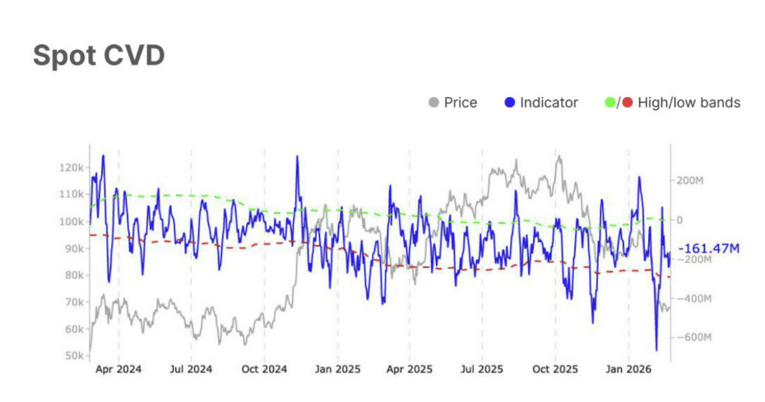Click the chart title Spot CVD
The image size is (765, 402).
pos(99,55)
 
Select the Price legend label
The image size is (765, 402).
pos(460,103)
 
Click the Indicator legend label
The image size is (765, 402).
pos(549,103)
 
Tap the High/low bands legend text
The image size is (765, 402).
pos(688,103)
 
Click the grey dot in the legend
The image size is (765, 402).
pos(433,103)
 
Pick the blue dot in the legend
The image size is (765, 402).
pos(510,103)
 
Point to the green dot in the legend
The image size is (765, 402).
pos(610,103)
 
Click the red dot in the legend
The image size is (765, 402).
pos(628,103)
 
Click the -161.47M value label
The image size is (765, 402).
pos(709,247)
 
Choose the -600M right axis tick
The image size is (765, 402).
pos(693,338)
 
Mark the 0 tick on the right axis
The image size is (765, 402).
pos(680,220)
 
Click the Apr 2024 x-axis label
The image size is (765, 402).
pos(118,371)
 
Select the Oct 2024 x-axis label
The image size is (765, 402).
pos(264,371)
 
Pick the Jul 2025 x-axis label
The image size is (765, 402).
pos(482,371)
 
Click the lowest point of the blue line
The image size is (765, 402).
pos(656,350)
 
